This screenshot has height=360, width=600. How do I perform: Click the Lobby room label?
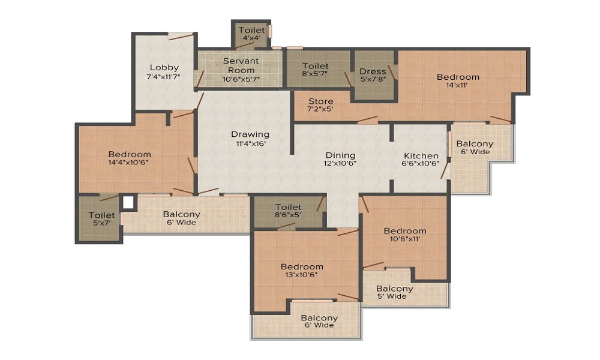164,68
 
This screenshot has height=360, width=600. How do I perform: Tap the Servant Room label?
241,65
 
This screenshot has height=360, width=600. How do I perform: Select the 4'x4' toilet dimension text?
251,38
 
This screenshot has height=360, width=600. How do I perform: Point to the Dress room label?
373,71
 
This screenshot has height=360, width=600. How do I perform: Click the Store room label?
320,101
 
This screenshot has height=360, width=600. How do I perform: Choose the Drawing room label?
250,134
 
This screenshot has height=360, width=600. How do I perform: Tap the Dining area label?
340,155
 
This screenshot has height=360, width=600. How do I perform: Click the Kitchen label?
421,156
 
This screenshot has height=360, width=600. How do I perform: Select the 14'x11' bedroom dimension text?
457,85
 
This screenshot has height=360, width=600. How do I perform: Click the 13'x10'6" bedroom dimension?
302,275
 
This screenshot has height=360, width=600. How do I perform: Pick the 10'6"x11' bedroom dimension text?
405,239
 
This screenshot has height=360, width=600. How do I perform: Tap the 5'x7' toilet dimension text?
101,223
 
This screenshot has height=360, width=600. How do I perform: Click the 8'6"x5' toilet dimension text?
288,215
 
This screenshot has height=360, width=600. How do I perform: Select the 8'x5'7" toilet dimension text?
315,73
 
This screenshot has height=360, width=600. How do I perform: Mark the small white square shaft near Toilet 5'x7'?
128,202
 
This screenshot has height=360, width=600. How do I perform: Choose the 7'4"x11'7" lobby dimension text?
164,77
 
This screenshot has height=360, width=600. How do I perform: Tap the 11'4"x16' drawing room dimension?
251,144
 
